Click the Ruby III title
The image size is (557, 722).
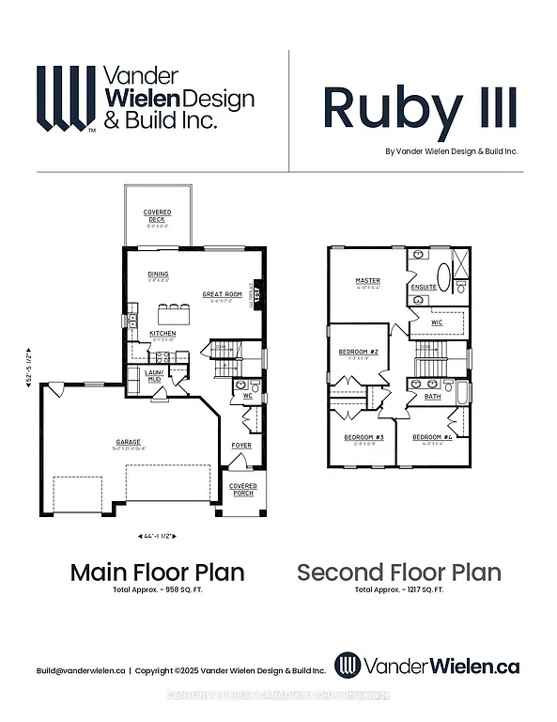[420, 108]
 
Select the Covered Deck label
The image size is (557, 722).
[157, 216]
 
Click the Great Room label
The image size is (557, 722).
[223, 294]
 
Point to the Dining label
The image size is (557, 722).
[158, 275]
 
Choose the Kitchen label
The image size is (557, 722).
[162, 334]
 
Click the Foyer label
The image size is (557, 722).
[242, 446]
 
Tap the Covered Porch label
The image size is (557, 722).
[242, 490]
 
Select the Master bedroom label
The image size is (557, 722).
[367, 280]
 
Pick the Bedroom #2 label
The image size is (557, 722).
[357, 353]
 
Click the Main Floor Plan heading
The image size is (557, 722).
[158, 572]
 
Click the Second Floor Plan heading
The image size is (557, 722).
[399, 572]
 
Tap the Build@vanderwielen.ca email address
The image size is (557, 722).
[81, 670]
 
